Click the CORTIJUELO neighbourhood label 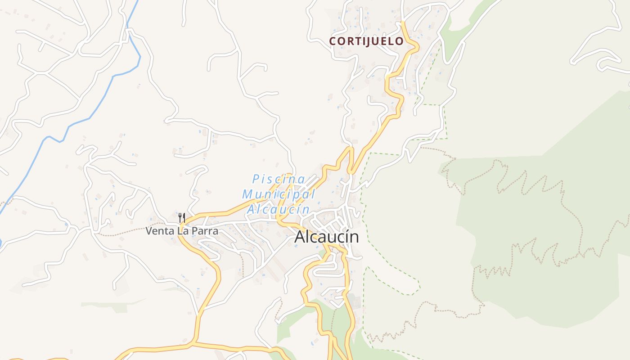[x=366, y=41]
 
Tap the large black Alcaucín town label [x=327, y=237]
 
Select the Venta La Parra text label [x=182, y=231]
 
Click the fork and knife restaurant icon [x=182, y=218]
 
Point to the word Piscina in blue [x=279, y=179]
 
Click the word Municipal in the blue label [x=279, y=194]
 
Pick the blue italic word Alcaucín [x=279, y=209]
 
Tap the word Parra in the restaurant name [x=205, y=231]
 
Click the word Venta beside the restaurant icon [x=157, y=231]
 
